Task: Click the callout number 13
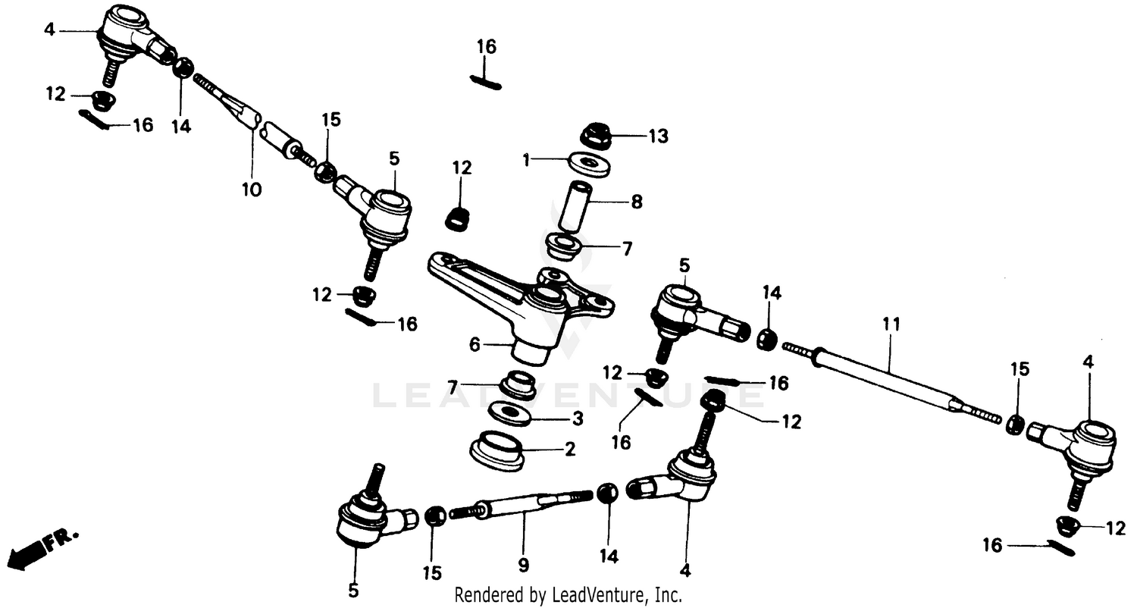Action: [658, 136]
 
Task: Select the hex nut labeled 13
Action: [596, 136]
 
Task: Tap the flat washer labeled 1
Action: [589, 164]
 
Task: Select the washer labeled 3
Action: [509, 413]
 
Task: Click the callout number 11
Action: [891, 324]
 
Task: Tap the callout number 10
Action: [252, 190]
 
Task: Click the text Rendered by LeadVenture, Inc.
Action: [568, 595]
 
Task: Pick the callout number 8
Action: [636, 202]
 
